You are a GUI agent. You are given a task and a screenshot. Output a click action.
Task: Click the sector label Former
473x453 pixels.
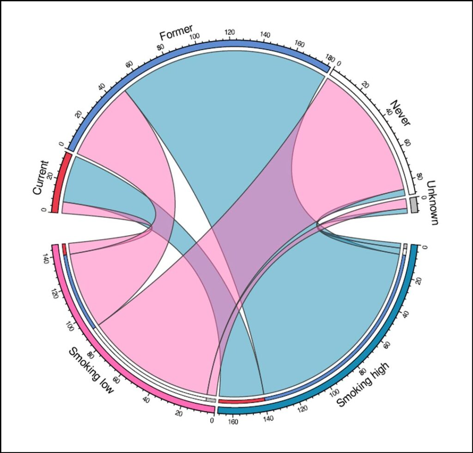pyautogui.click(x=176, y=33)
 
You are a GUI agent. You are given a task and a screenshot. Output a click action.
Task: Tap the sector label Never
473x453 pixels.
pyautogui.click(x=400, y=113)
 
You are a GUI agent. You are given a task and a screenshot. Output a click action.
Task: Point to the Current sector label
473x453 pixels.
pyautogui.click(x=40, y=178)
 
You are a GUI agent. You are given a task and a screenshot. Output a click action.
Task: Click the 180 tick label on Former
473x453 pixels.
pyautogui.click(x=329, y=58)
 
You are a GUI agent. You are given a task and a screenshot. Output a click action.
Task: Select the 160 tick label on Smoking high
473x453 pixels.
pyautogui.click(x=233, y=422)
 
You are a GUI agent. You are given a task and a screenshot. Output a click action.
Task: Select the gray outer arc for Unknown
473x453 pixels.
pyautogui.click(x=414, y=204)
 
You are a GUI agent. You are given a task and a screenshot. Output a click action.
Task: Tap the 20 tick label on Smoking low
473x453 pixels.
pyautogui.click(x=179, y=413)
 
